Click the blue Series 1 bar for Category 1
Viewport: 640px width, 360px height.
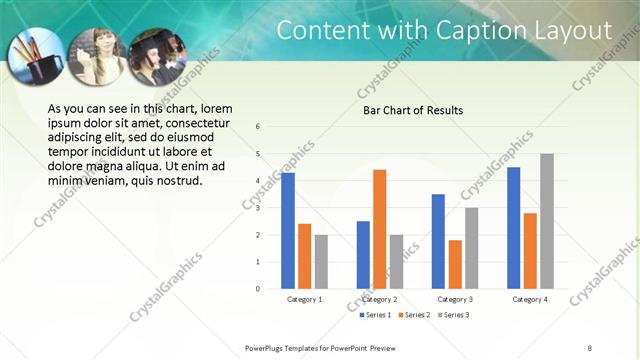[x=288, y=231]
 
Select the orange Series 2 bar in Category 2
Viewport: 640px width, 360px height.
[x=379, y=229]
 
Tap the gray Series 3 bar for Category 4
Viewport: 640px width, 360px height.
[x=546, y=221]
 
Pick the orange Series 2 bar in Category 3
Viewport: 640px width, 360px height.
[x=455, y=264]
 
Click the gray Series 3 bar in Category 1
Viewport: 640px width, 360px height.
[x=321, y=262]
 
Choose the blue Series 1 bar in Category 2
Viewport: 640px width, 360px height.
[x=363, y=255]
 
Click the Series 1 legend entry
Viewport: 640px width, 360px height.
[x=375, y=315]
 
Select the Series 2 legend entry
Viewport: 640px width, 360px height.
[x=415, y=315]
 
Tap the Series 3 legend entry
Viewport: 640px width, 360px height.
[x=455, y=315]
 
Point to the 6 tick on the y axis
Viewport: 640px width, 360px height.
[x=258, y=127]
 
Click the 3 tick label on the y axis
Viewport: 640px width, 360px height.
[x=258, y=208]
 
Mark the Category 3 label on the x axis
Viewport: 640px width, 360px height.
[x=455, y=299]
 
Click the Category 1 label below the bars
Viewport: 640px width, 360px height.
[x=304, y=299]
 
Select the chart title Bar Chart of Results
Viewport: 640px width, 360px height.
[x=412, y=110]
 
